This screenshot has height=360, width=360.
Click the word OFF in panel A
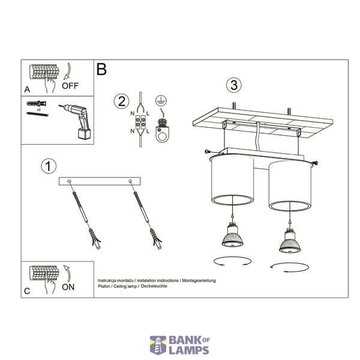click(70, 86)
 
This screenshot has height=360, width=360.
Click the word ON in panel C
click(68, 287)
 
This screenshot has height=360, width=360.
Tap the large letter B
click(101, 69)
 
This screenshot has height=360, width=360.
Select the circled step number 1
click(49, 166)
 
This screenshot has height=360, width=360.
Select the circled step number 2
click(121, 101)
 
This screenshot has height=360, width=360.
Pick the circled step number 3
click(234, 85)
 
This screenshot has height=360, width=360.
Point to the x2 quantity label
click(39, 110)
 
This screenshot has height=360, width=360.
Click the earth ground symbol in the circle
click(161, 100)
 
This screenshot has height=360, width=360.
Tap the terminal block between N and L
click(140, 122)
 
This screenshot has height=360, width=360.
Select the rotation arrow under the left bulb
click(233, 261)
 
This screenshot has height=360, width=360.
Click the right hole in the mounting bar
click(130, 181)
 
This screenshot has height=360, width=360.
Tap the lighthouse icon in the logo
click(158, 345)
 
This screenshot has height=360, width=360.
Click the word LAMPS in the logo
click(189, 350)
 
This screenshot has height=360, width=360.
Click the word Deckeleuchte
click(154, 286)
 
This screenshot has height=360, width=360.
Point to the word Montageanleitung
click(199, 281)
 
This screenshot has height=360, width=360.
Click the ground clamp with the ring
click(163, 130)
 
